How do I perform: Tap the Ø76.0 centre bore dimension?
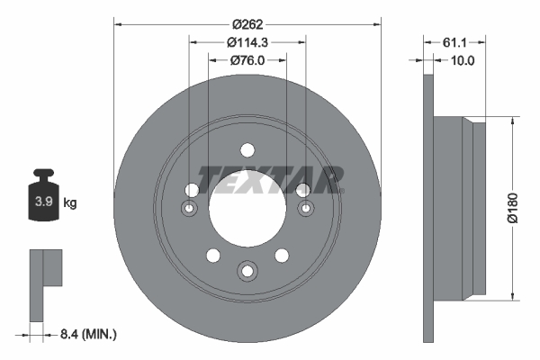pyautogui.click(x=247, y=60)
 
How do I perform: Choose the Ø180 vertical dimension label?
pyautogui.click(x=512, y=207)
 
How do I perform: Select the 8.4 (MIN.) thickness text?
pyautogui.click(x=86, y=334)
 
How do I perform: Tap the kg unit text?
pyautogui.click(x=69, y=203)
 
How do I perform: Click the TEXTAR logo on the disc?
pyautogui.click(x=270, y=179)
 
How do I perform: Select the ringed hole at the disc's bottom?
pyautogui.click(x=247, y=269)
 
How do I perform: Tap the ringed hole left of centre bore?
pyautogui.click(x=190, y=210)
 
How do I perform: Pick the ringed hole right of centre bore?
pyautogui.click(x=306, y=210)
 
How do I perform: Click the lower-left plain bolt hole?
pyautogui.click(x=213, y=256)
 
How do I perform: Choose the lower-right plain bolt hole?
pyautogui.click(x=282, y=256)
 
